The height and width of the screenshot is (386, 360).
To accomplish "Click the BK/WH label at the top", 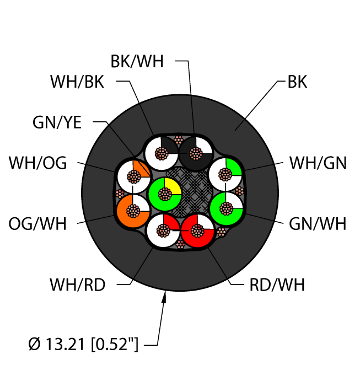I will coord(137,61).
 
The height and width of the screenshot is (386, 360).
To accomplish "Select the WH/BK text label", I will coord(77,82).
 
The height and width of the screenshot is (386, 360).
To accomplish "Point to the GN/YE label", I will coord(57,123).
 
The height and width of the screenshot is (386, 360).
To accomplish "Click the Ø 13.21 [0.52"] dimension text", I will coord(84,346).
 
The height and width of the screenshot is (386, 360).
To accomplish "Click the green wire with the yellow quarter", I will coord(164,194).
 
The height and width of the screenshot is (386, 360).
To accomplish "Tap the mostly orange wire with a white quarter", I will coord(132,210).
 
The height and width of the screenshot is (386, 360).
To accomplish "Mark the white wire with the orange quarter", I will coord(133,176).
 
